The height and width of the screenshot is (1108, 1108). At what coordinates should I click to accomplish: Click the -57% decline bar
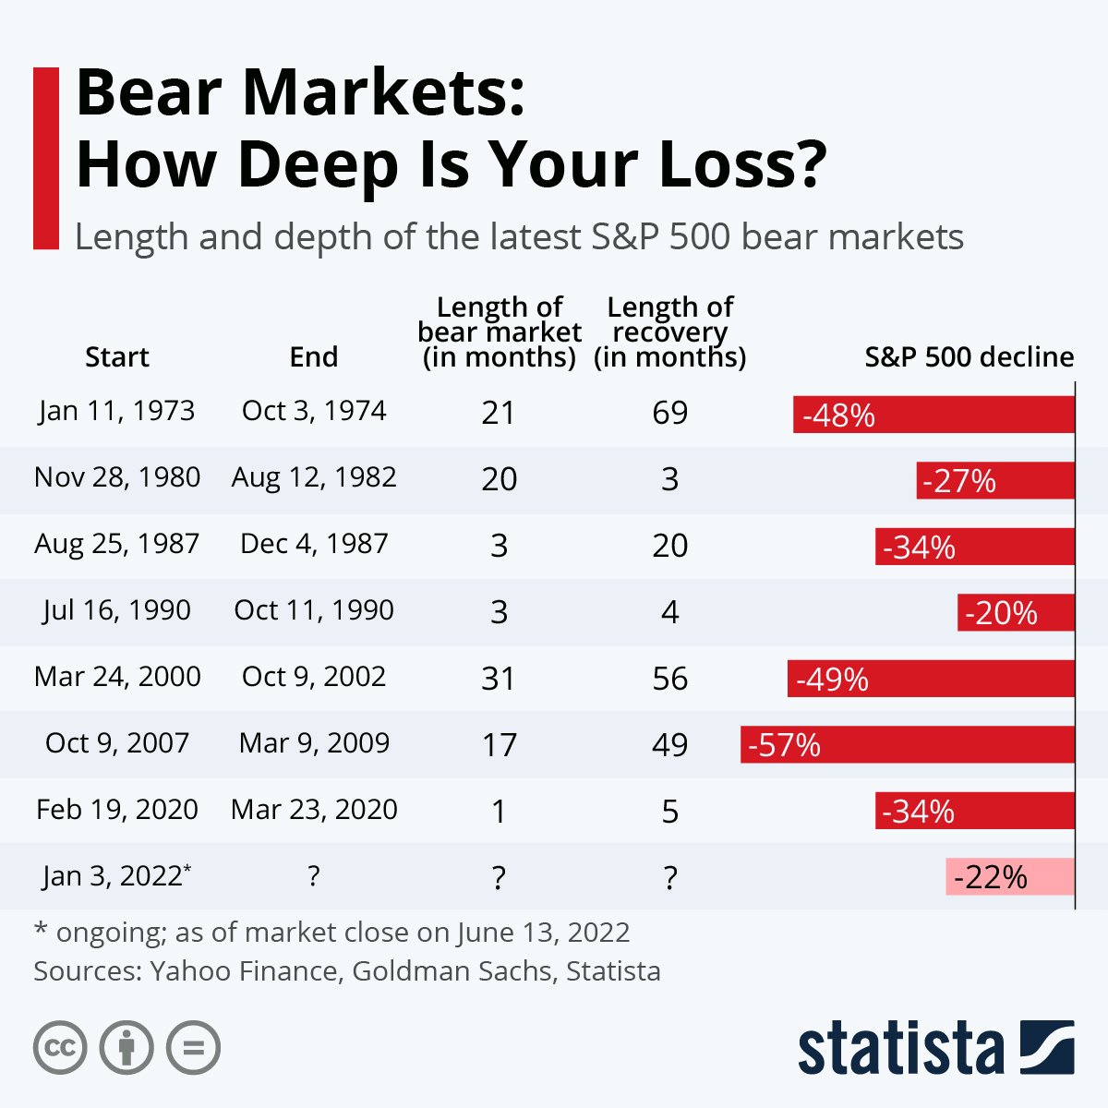click(x=908, y=744)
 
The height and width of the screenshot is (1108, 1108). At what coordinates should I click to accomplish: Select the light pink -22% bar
click(x=1010, y=876)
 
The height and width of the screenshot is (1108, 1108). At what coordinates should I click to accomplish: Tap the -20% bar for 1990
click(x=1016, y=612)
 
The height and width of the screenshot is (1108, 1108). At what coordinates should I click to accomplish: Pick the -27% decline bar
click(x=995, y=480)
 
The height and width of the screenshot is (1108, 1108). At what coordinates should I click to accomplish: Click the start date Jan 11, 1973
click(x=117, y=411)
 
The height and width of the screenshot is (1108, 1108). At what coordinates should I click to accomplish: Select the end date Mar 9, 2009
click(x=314, y=743)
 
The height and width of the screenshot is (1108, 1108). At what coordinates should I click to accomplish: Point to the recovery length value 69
click(x=669, y=413)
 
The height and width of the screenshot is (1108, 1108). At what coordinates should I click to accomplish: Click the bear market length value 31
click(x=499, y=679)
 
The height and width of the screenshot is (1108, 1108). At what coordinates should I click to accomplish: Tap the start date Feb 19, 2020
click(x=117, y=810)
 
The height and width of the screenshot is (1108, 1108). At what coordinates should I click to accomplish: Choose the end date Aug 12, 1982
click(x=314, y=477)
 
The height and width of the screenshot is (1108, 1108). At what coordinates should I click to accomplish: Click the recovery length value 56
click(x=669, y=679)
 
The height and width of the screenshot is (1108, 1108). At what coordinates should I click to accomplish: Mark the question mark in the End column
click(x=314, y=876)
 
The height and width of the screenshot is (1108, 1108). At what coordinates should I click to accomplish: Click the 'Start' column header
click(x=117, y=357)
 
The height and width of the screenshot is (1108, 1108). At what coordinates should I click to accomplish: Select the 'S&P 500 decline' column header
click(x=969, y=357)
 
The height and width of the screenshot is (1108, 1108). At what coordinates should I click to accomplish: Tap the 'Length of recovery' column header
click(x=669, y=332)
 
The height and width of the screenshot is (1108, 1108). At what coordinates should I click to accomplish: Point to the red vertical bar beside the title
click(x=45, y=158)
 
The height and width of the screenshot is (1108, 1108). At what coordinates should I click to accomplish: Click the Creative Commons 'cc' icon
click(x=60, y=1048)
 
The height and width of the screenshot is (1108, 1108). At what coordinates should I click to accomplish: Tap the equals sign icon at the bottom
click(x=193, y=1048)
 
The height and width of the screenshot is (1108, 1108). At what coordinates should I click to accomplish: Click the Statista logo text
click(x=900, y=1049)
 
